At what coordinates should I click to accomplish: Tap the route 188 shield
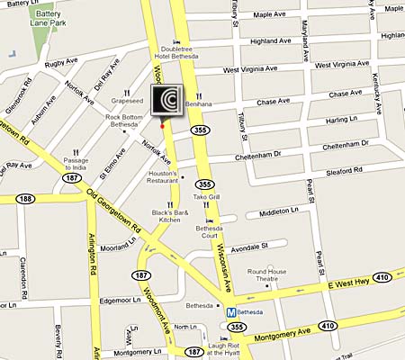26,198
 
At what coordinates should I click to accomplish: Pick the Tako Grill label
206,196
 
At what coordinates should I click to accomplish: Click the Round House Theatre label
266,274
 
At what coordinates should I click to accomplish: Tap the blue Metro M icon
230,311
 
